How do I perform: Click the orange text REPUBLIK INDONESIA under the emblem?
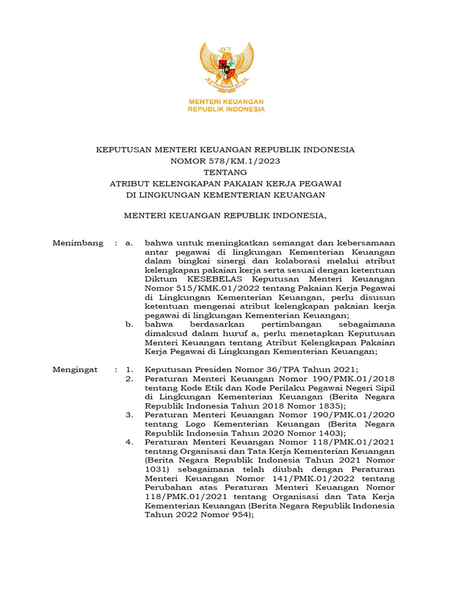coord(226,109)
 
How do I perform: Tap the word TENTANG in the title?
coord(225,172)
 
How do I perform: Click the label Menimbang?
coord(78,242)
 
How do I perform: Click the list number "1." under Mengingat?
coord(130,369)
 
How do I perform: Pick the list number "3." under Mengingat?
coord(130,414)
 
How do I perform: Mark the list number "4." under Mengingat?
coord(130,442)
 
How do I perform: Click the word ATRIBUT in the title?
coord(130,183)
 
